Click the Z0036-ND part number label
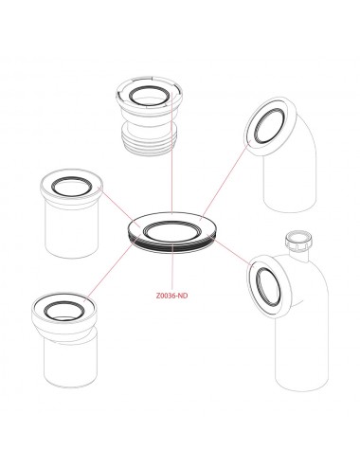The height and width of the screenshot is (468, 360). click(171, 296)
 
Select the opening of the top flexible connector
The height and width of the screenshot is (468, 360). click(149, 96)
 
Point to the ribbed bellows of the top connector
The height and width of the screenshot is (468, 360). click(149, 139)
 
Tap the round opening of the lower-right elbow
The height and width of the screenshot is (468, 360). click(267, 287)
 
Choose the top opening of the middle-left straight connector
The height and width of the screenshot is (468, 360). click(72, 187)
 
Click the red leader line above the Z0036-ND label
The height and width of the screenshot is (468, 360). click(171, 268)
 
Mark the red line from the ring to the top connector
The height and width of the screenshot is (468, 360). click(171, 152)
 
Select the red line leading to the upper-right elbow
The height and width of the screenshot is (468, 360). click(226, 178)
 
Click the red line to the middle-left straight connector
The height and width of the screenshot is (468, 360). click(120, 207)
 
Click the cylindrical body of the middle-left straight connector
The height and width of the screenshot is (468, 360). click(73, 227)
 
